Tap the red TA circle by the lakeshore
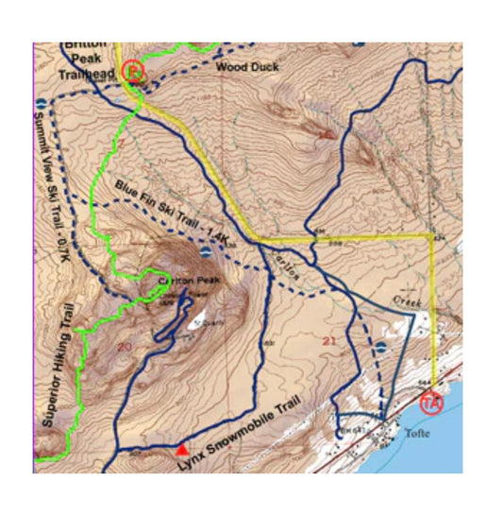(431, 402)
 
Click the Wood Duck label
(240, 67)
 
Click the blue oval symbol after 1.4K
(206, 251)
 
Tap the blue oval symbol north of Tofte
(380, 347)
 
